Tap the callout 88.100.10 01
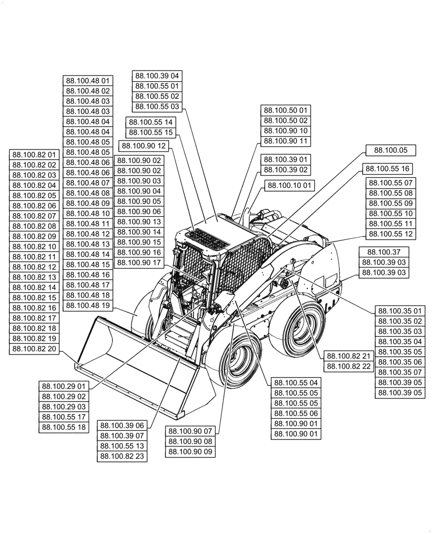(x=290, y=186)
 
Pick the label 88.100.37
(x=384, y=252)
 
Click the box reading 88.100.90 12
(x=144, y=146)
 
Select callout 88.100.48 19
(x=88, y=305)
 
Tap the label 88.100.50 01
(x=285, y=111)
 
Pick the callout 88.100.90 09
(x=190, y=452)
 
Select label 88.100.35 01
(x=400, y=311)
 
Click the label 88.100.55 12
(x=390, y=233)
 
